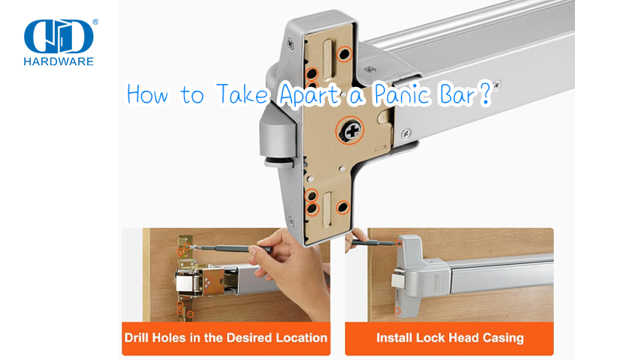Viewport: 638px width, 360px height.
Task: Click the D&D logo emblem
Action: [59, 35]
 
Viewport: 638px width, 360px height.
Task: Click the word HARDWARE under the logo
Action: [59, 61]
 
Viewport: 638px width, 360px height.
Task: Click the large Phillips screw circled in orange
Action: [349, 132]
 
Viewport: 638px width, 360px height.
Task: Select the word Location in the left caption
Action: [299, 337]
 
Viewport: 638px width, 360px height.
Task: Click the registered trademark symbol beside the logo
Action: [95, 22]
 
